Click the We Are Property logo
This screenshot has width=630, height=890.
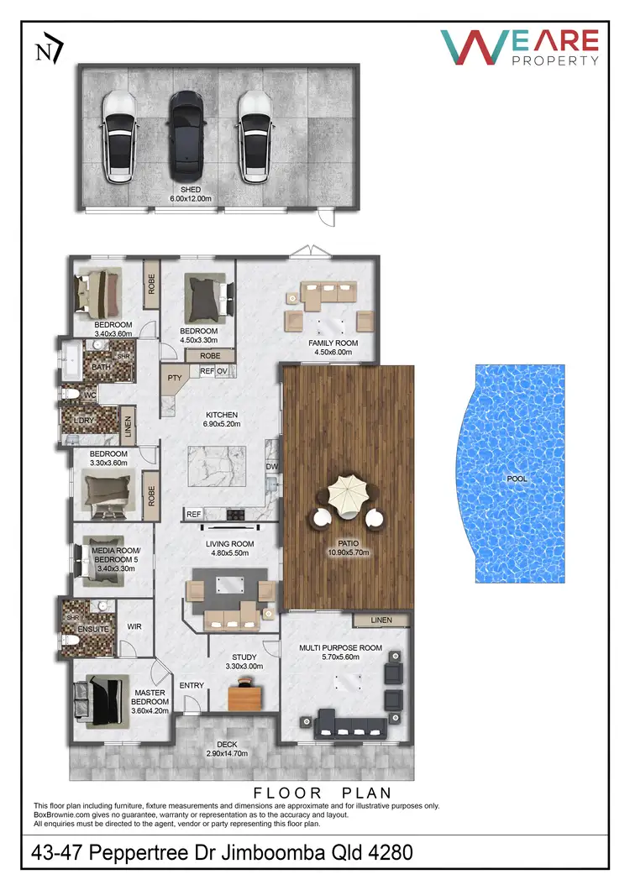point(521,47)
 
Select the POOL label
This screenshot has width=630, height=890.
point(517,478)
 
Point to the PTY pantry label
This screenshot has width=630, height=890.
point(176,379)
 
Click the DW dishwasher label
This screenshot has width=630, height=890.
point(271,466)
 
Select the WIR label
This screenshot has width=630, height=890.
point(134,626)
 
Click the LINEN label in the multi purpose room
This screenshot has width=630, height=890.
point(381,620)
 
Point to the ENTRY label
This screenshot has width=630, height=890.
point(192,686)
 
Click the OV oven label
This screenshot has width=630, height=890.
point(223,370)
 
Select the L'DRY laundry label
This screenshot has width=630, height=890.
point(83,419)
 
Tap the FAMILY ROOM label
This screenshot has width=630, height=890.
point(333,343)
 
